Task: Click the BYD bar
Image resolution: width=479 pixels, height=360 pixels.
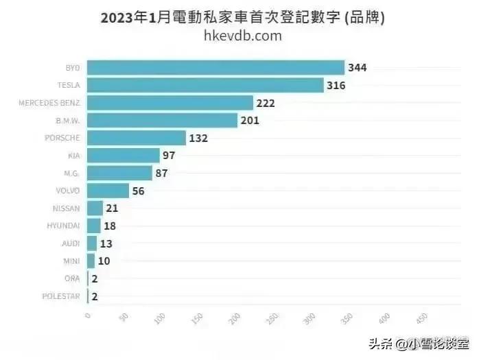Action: (216, 68)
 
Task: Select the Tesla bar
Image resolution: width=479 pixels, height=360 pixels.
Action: (206, 85)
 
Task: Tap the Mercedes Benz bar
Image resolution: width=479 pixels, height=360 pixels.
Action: (171, 103)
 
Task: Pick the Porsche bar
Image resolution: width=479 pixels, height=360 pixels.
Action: (137, 138)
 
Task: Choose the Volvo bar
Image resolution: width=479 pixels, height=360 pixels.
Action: (108, 191)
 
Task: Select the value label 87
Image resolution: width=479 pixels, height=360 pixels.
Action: (162, 173)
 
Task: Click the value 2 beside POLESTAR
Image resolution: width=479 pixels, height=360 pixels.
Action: (95, 296)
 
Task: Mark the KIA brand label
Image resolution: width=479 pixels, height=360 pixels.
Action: (74, 156)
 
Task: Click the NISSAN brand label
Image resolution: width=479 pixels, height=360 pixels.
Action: (67, 208)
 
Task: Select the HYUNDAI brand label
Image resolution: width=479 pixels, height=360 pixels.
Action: (64, 226)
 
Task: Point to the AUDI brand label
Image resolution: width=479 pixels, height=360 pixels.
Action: (71, 243)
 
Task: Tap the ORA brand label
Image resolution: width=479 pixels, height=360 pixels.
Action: (73, 278)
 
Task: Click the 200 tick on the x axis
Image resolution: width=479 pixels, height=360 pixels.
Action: (235, 320)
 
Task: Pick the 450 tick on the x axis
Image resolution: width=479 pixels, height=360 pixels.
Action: (419, 320)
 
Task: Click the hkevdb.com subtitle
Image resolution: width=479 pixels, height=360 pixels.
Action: (243, 36)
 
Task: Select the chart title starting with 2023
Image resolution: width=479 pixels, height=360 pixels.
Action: (242, 17)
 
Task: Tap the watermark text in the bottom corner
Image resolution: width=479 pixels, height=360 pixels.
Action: (419, 343)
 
